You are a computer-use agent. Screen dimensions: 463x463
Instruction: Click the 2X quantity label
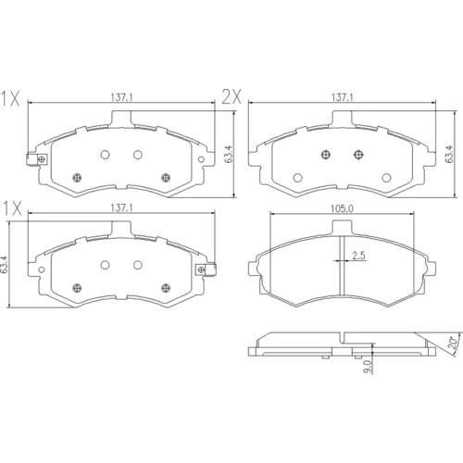pos(231,97)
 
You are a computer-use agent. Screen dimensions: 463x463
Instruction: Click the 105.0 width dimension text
pos(342,209)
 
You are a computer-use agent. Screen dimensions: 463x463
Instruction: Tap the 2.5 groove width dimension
pos(358,256)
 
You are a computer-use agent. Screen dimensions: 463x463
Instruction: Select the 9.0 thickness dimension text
pos(368,368)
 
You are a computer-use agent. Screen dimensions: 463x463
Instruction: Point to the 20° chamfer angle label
pos(453,343)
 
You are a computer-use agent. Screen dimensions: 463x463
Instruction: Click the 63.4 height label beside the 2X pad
pos(449,154)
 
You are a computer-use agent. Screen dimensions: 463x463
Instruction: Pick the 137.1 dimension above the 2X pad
pos(343,98)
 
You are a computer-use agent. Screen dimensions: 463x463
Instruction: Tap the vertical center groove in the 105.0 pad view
pos(342,266)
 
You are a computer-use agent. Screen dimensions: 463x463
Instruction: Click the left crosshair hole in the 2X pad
pos(326,155)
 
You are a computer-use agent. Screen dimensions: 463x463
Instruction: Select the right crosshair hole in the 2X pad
pos(358,155)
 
